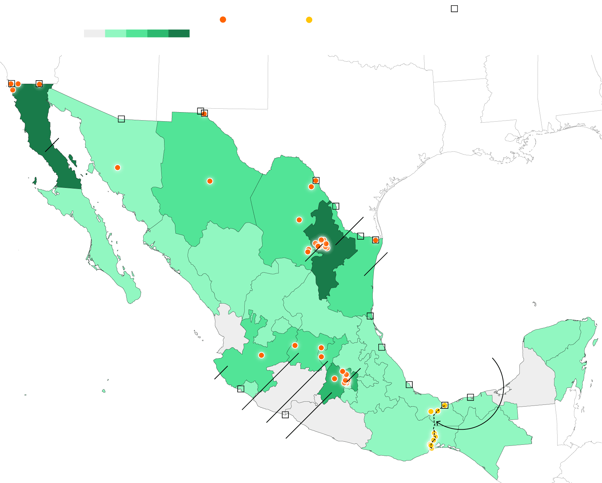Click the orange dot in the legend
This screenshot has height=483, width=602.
(x=223, y=20)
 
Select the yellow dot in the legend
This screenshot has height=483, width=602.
(x=309, y=20)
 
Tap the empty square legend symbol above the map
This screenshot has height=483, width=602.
(x=454, y=9)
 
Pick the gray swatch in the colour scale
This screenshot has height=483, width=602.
(x=94, y=33)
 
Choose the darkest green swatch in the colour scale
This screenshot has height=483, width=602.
(x=179, y=33)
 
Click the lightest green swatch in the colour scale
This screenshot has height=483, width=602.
(x=115, y=33)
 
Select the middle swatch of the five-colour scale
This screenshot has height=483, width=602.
(x=136, y=33)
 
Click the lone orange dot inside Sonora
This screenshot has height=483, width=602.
(x=118, y=168)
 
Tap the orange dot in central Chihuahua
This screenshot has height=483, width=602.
(x=210, y=181)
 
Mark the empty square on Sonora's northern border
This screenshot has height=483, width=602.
(x=121, y=119)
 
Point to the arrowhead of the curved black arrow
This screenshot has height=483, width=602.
(x=437, y=423)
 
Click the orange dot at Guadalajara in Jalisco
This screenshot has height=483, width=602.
(x=261, y=355)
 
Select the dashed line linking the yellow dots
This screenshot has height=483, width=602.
(x=434, y=426)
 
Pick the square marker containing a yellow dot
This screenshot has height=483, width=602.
(x=445, y=405)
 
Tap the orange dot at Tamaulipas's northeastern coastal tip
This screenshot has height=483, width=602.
(x=376, y=240)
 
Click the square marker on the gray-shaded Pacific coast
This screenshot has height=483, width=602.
(x=285, y=415)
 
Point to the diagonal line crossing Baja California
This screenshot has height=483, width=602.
(x=52, y=145)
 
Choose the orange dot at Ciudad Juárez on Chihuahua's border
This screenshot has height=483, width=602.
(x=204, y=113)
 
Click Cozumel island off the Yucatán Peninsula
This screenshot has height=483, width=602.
(x=595, y=342)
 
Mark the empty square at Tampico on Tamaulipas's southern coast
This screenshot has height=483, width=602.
(x=370, y=316)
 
